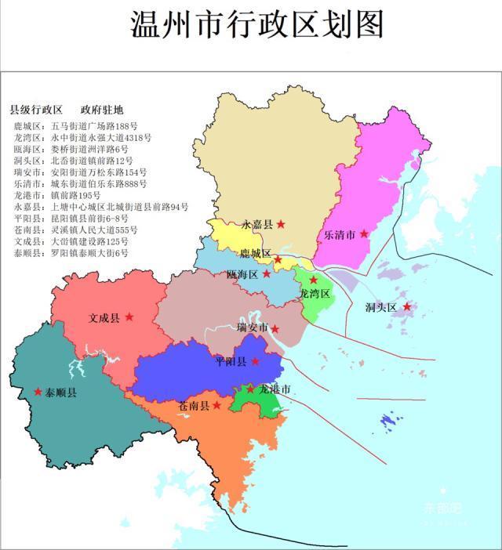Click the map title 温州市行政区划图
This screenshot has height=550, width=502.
click(x=256, y=25)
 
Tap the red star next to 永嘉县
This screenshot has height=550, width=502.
click(x=281, y=224)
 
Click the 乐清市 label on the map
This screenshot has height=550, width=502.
click(x=340, y=234)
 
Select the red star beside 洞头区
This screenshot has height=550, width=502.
click(x=407, y=306)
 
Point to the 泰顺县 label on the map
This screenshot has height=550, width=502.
click(x=61, y=392)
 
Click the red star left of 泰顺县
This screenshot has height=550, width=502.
click(x=38, y=391)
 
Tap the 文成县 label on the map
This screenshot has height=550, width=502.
click(x=104, y=318)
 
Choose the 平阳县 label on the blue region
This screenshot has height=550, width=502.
click(x=231, y=362)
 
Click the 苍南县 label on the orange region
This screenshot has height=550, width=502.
click(x=193, y=406)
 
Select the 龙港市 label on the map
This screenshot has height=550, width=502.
click(x=275, y=389)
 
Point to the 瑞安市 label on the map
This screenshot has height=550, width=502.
click(x=253, y=327)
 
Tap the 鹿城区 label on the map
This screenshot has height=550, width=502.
click(x=255, y=254)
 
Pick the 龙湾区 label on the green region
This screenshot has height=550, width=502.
click(x=315, y=292)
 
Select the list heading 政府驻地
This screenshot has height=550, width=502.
click(x=102, y=109)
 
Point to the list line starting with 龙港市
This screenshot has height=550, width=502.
click(x=56, y=195)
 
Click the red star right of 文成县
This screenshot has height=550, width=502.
click(x=129, y=317)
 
